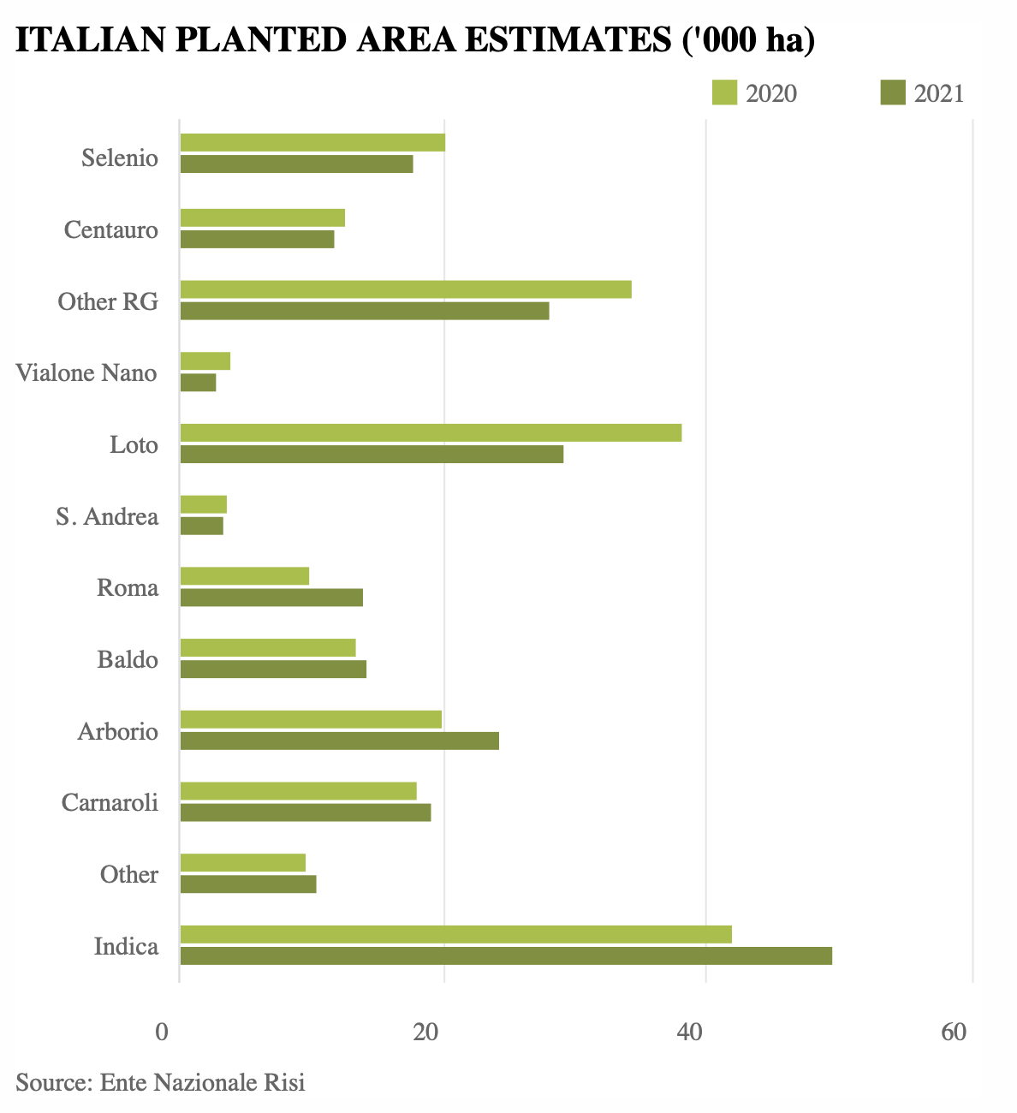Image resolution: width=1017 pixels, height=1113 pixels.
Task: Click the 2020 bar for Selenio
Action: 312,143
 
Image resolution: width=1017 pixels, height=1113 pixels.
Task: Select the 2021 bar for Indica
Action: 506,955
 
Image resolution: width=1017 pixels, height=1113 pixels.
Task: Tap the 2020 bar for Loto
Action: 431,432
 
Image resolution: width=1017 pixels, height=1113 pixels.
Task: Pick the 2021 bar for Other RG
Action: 365,311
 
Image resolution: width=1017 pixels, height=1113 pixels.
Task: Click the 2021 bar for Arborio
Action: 340,741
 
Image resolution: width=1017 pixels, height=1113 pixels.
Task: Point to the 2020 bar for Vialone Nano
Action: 205,361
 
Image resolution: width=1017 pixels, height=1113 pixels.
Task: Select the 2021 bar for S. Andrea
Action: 202,526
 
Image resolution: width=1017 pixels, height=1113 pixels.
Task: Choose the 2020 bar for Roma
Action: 245,576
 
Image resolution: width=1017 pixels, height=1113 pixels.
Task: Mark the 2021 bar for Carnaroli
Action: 306,812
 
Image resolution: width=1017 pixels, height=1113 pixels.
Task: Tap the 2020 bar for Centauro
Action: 263,217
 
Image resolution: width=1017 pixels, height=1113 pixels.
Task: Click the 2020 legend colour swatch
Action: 725,92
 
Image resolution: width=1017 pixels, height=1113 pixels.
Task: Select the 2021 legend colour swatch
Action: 893,92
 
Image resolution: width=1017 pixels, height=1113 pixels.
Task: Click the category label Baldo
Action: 128,660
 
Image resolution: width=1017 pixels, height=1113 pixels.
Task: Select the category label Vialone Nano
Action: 86,373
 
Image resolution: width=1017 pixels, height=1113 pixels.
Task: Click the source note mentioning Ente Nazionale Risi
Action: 160,1082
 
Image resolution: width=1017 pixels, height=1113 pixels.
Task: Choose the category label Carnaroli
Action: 110,803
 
